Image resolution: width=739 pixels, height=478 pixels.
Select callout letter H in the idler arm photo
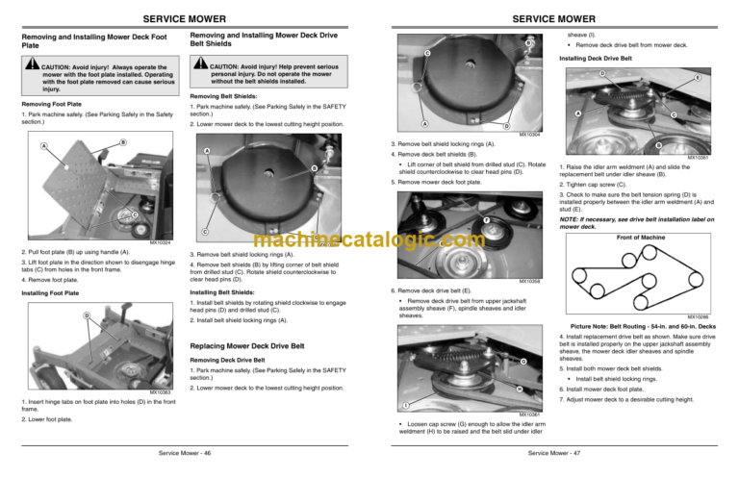click(x=519, y=389)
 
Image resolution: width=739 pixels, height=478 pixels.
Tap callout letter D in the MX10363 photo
click(x=87, y=315)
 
